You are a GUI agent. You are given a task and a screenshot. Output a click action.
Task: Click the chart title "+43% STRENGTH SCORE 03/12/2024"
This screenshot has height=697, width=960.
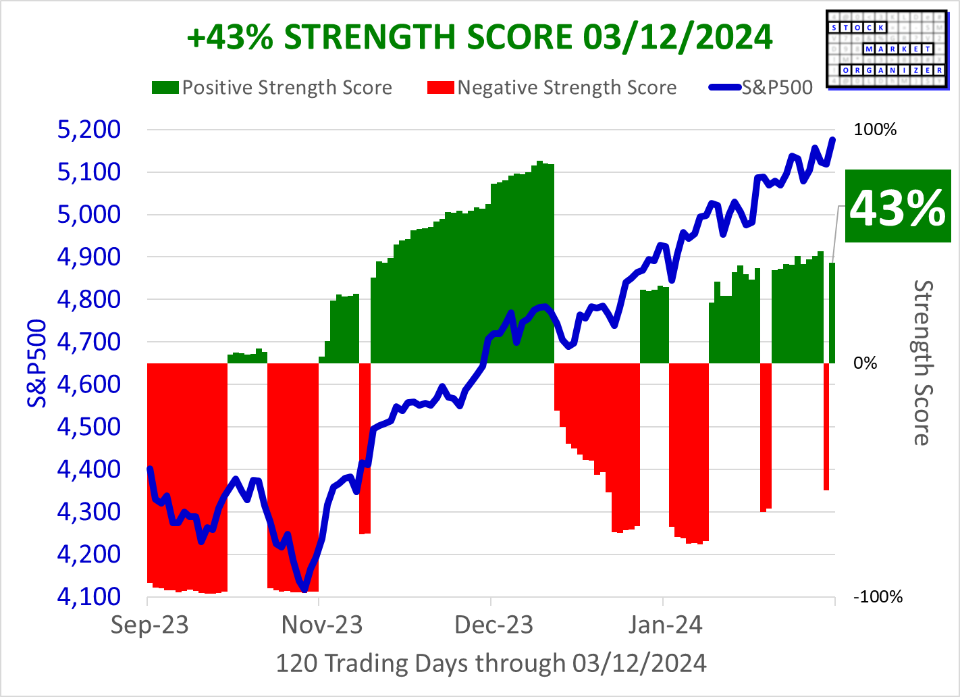(479, 37)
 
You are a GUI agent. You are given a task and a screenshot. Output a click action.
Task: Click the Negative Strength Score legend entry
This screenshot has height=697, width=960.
(552, 88)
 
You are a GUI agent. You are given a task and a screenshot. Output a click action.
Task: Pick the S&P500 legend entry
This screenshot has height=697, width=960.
(762, 88)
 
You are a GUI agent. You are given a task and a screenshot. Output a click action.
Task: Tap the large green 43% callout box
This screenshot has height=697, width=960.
(897, 207)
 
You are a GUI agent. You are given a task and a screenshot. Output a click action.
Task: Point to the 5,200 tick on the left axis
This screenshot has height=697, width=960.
(89, 129)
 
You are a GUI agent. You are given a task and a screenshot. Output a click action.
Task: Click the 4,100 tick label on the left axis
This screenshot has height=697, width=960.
(89, 596)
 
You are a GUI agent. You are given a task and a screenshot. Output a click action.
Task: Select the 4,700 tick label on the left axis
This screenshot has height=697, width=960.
(89, 342)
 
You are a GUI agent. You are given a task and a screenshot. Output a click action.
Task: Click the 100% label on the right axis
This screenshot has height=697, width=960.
(875, 130)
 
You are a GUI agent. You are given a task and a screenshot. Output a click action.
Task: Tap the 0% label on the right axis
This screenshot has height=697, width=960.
(865, 363)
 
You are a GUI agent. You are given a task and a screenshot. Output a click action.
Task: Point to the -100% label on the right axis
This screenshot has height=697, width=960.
(878, 597)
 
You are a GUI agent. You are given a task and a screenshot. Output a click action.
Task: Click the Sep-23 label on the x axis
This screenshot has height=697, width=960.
(149, 625)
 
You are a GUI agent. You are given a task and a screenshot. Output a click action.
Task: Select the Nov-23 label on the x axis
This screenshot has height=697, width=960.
(322, 625)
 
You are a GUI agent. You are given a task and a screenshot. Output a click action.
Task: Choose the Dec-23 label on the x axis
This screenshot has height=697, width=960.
(494, 625)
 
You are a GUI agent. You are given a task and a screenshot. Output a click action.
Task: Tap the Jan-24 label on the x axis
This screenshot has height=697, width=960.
(665, 625)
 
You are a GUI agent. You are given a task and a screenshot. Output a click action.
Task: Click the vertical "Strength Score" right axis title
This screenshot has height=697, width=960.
(922, 363)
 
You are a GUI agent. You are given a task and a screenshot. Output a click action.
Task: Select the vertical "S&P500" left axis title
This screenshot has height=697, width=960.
(37, 363)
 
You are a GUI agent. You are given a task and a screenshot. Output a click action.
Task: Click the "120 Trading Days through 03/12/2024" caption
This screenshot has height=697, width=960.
(491, 663)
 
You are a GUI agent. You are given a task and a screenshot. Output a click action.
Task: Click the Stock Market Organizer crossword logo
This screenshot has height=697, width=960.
(887, 49)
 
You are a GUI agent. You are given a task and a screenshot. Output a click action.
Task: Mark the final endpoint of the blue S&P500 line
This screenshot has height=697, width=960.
(833, 140)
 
